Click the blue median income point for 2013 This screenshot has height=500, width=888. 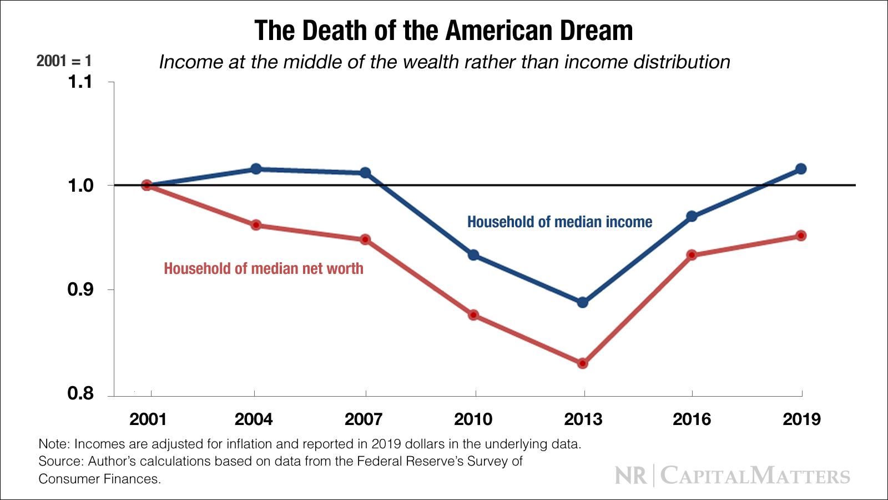click(582, 302)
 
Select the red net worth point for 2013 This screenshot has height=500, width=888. click(582, 363)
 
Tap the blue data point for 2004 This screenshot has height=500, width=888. click(256, 169)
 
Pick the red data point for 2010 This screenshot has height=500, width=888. click(473, 315)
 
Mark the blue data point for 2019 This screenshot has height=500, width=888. click(801, 169)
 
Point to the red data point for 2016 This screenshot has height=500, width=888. click(692, 255)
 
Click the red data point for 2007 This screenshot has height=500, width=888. click(365, 239)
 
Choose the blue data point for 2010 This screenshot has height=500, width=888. click(473, 255)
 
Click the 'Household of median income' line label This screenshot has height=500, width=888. click(559, 222)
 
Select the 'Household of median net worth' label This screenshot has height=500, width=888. click(264, 269)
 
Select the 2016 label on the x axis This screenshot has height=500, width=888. click(692, 419)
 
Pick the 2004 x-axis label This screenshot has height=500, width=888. click(254, 419)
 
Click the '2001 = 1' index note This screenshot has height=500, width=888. click(64, 61)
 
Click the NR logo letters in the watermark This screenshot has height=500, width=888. click(631, 476)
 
